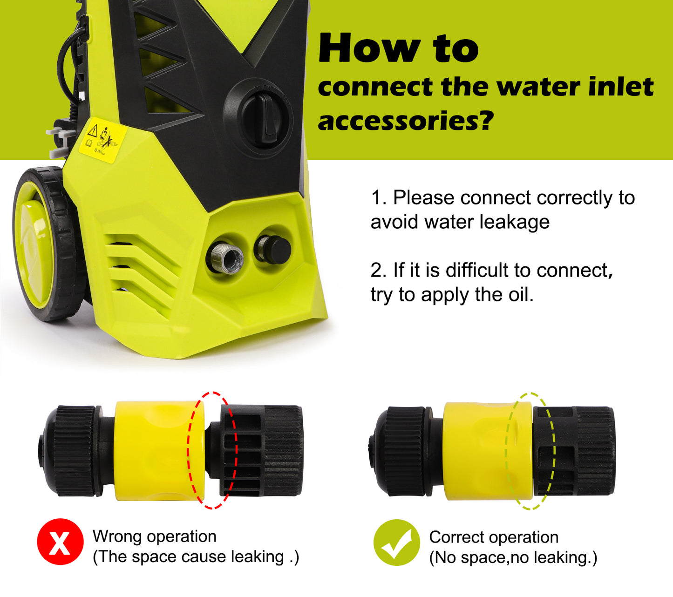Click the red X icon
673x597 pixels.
click(60, 542)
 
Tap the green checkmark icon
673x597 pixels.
click(396, 543)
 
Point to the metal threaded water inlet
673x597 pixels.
click(224, 257)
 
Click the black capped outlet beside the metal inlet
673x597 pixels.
click(273, 249)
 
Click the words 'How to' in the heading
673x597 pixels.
click(398, 49)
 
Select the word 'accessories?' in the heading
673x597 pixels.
click(405, 121)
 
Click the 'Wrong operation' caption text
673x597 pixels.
click(154, 536)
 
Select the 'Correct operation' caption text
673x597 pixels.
click(494, 537)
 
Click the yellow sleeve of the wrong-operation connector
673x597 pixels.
click(154, 451)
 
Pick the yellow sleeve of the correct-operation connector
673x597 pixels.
click(480, 451)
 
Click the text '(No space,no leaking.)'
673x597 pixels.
click(513, 557)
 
